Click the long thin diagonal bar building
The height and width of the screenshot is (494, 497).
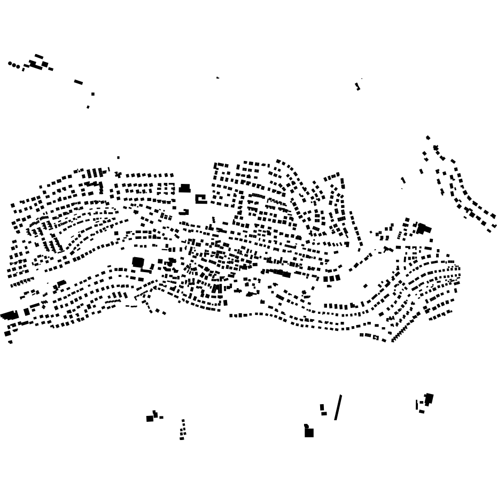[338, 407]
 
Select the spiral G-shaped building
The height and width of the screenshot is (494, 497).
[200, 199]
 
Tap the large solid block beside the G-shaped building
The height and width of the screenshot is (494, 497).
[185, 188]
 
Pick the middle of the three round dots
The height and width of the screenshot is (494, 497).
[14, 65]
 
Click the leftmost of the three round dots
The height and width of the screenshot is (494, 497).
[10, 64]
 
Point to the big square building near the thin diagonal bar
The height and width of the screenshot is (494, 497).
[309, 433]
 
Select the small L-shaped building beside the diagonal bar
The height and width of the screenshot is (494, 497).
[322, 410]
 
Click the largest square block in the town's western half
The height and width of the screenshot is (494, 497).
[138, 262]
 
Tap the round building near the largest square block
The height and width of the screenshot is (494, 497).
[172, 261]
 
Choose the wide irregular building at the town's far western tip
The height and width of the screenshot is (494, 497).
[9, 315]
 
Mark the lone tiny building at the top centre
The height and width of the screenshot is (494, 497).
[218, 78]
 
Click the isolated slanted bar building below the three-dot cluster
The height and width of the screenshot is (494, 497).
[79, 82]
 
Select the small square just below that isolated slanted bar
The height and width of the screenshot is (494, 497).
[92, 94]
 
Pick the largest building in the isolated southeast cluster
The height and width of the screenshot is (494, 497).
[429, 398]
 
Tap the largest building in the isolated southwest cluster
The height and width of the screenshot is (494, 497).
[150, 419]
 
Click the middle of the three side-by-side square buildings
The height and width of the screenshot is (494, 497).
[331, 279]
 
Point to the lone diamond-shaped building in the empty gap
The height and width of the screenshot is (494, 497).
[366, 286]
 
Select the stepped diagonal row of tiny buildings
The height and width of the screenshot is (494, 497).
[399, 335]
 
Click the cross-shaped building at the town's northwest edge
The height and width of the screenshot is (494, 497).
[118, 174]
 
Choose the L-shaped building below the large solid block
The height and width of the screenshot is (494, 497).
[184, 212]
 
